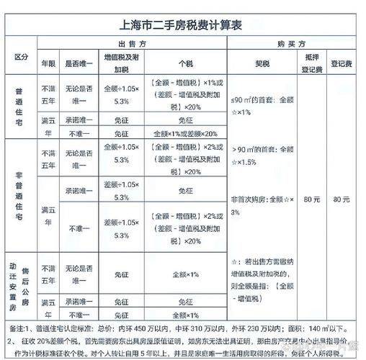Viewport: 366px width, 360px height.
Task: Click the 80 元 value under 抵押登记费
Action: (x=313, y=198)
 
